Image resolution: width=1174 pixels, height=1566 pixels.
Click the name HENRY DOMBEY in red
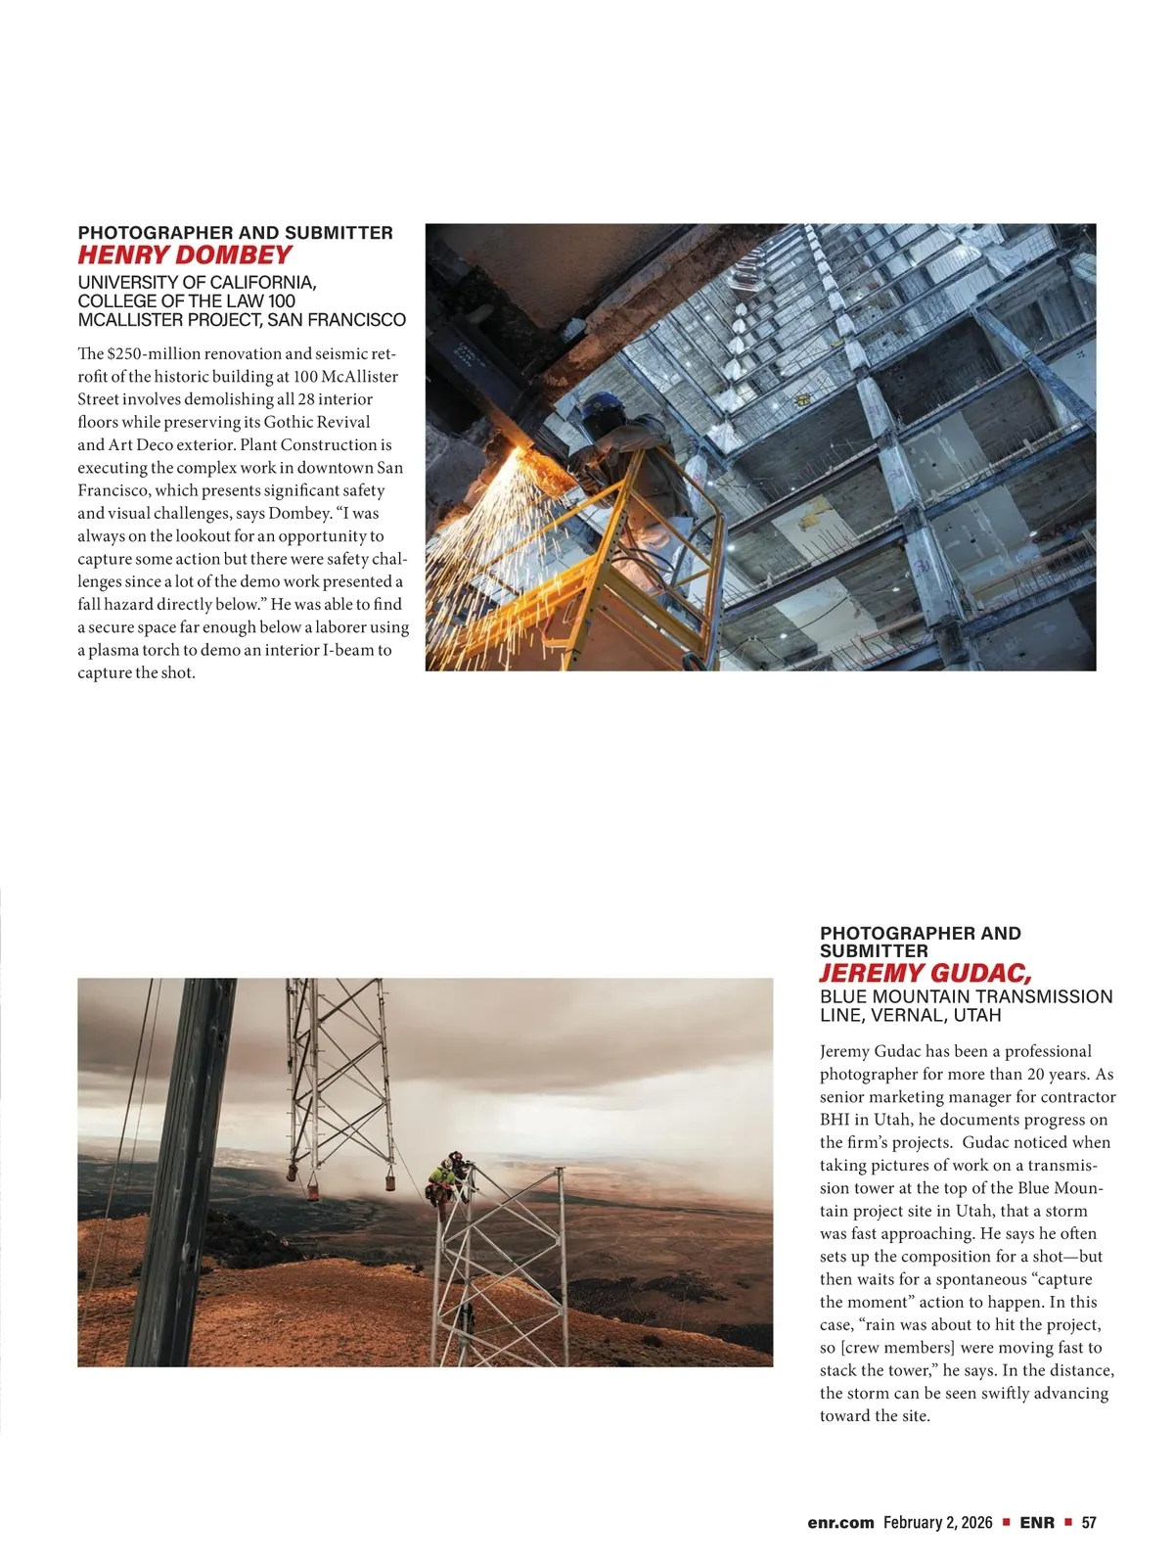[x=184, y=255]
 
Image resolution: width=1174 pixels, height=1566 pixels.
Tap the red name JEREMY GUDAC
[x=925, y=973]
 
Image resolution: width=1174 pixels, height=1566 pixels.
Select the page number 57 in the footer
[x=1089, y=1523]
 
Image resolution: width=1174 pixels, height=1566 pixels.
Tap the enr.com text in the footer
[x=840, y=1523]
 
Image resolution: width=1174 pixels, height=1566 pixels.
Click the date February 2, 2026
[x=937, y=1523]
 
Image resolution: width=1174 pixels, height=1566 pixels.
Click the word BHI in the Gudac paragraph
[x=836, y=1120]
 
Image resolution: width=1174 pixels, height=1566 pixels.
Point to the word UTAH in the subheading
[x=977, y=1015]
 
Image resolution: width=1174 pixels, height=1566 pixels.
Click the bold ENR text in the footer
[x=1037, y=1523]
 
